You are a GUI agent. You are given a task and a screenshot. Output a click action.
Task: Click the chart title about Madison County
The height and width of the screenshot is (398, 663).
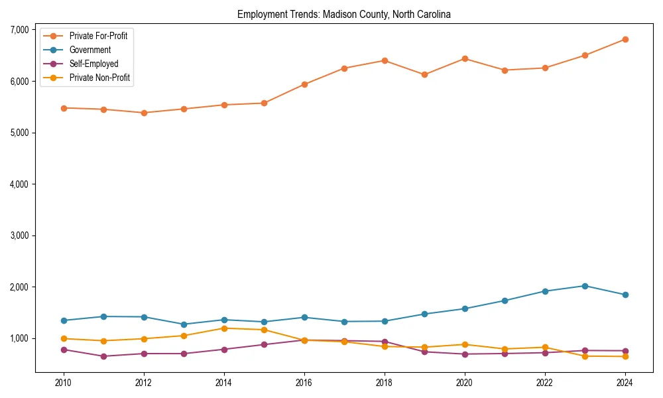(x=343, y=14)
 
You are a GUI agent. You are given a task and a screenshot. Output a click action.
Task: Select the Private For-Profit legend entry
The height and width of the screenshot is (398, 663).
(x=98, y=36)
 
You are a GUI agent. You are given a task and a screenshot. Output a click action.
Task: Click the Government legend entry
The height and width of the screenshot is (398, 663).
(x=90, y=50)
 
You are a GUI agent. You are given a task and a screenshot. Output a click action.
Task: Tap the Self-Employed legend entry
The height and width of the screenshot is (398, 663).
(x=93, y=64)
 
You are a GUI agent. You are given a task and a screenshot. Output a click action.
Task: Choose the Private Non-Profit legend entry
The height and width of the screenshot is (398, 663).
(x=99, y=78)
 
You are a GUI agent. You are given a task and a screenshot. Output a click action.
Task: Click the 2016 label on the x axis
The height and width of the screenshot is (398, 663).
(x=304, y=383)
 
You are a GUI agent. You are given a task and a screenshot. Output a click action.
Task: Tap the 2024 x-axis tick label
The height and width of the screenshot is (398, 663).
(x=625, y=383)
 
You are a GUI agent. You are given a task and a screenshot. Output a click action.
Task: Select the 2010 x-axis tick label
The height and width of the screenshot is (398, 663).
(x=64, y=383)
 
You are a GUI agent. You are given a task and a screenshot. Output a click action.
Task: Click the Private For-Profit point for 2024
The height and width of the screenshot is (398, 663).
(x=625, y=39)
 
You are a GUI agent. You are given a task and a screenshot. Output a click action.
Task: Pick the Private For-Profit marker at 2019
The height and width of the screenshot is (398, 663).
(x=424, y=74)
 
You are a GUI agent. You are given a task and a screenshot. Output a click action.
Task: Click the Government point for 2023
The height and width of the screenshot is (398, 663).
(x=585, y=286)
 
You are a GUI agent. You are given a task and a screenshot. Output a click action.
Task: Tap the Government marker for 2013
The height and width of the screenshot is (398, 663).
(x=184, y=324)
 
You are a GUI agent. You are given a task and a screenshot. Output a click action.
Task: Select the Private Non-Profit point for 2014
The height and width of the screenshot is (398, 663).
(x=224, y=328)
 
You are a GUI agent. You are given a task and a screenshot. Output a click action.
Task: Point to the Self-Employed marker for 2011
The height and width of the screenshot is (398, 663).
(x=103, y=356)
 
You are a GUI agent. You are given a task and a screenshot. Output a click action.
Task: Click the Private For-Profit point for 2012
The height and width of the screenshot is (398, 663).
(x=144, y=113)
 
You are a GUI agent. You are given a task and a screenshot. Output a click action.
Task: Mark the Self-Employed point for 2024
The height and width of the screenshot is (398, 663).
(x=625, y=351)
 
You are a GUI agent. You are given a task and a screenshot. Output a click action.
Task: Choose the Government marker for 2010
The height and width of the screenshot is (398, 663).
(x=64, y=320)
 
